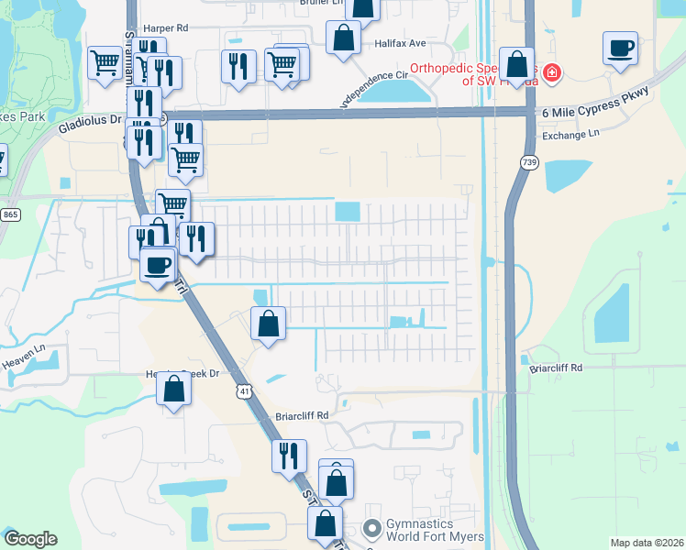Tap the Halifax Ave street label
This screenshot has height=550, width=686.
point(401,43)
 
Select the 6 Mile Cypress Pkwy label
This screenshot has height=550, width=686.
point(595,102)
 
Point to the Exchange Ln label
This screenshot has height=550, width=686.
point(571,135)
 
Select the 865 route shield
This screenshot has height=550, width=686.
point(10,214)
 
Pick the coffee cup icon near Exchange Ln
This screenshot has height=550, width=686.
point(620,47)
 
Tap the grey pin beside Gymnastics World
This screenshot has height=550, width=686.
point(371,529)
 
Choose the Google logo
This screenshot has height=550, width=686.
point(29,539)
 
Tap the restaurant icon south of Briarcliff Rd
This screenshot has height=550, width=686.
point(289,454)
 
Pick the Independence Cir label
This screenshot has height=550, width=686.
point(373,86)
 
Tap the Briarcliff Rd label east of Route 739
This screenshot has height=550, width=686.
point(557,368)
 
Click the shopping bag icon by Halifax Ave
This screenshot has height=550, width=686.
point(343,38)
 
